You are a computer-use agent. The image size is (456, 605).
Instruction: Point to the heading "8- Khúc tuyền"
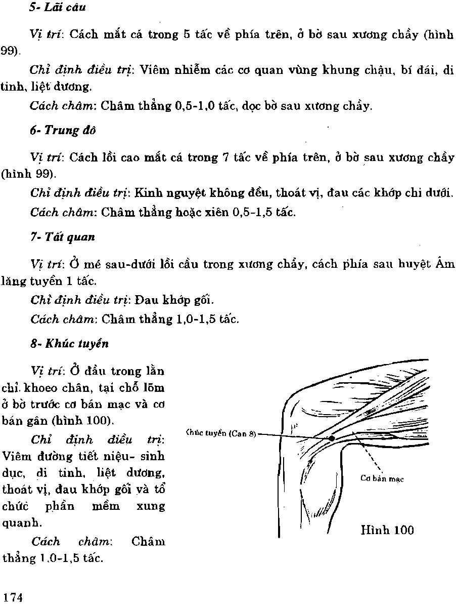point(69,343)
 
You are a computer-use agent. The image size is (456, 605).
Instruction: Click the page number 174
point(13,597)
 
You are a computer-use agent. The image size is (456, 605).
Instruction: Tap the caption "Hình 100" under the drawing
point(387,530)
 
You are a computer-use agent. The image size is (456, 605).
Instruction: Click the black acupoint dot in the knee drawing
point(332,438)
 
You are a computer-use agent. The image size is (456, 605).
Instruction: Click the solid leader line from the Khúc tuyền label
point(293,436)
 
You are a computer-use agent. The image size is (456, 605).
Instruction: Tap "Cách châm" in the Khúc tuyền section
point(53,541)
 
